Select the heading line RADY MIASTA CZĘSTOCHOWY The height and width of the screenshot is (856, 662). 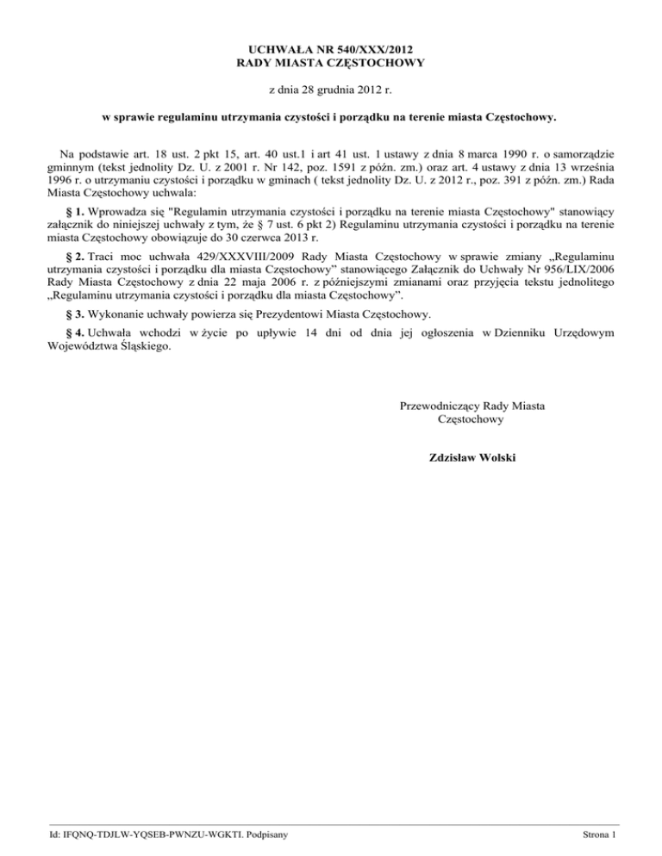click(330, 62)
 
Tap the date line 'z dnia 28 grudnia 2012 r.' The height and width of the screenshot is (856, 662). click(330, 90)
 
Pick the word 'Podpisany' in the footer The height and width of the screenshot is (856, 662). click(265, 834)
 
